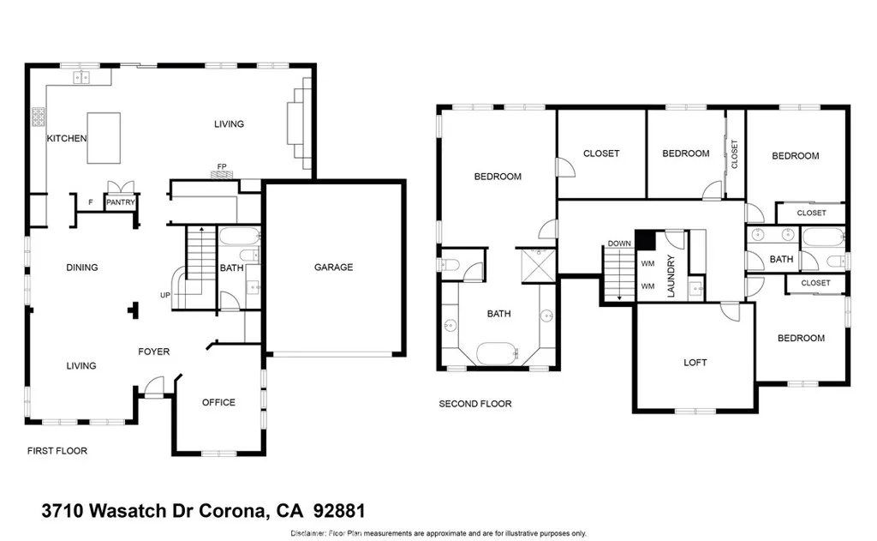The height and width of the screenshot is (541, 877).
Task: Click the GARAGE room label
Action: click(x=333, y=267)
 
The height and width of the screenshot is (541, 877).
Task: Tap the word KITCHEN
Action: click(x=66, y=138)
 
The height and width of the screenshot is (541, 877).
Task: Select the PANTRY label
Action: click(x=121, y=203)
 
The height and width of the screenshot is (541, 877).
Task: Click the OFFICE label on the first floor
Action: click(x=218, y=402)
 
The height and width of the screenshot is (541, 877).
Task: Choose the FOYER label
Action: click(x=154, y=352)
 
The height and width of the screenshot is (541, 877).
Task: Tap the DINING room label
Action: click(x=82, y=267)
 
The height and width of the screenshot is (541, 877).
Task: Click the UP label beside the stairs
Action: click(x=164, y=295)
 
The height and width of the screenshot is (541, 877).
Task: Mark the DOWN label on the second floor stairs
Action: click(x=618, y=243)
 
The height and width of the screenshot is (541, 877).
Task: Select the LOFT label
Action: click(x=695, y=363)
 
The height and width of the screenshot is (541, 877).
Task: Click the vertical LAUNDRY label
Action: click(x=671, y=276)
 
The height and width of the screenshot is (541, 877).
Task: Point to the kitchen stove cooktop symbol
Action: click(x=39, y=115)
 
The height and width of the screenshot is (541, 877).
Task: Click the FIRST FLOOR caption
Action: click(x=57, y=450)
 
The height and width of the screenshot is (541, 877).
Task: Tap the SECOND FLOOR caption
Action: click(x=475, y=404)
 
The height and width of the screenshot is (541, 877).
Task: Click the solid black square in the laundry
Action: click(x=644, y=240)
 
